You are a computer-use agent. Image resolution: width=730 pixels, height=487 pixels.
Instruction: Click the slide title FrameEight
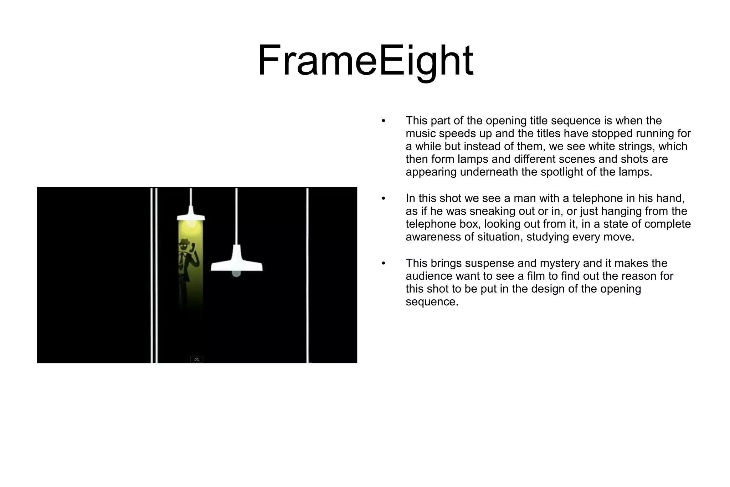pyautogui.click(x=365, y=61)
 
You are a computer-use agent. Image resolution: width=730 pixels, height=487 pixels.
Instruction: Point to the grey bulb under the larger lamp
pyautogui.click(x=236, y=274)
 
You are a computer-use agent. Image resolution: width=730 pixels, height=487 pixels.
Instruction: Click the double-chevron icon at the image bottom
pyautogui.click(x=197, y=359)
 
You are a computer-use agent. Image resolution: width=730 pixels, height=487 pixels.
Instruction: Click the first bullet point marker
pyautogui.click(x=384, y=121)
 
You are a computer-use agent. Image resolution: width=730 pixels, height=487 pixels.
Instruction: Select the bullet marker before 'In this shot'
pyautogui.click(x=384, y=199)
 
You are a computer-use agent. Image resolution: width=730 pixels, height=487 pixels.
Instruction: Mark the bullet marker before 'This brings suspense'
pyautogui.click(x=384, y=264)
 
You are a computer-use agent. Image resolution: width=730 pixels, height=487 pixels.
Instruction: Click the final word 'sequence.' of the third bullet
pyautogui.click(x=432, y=302)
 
